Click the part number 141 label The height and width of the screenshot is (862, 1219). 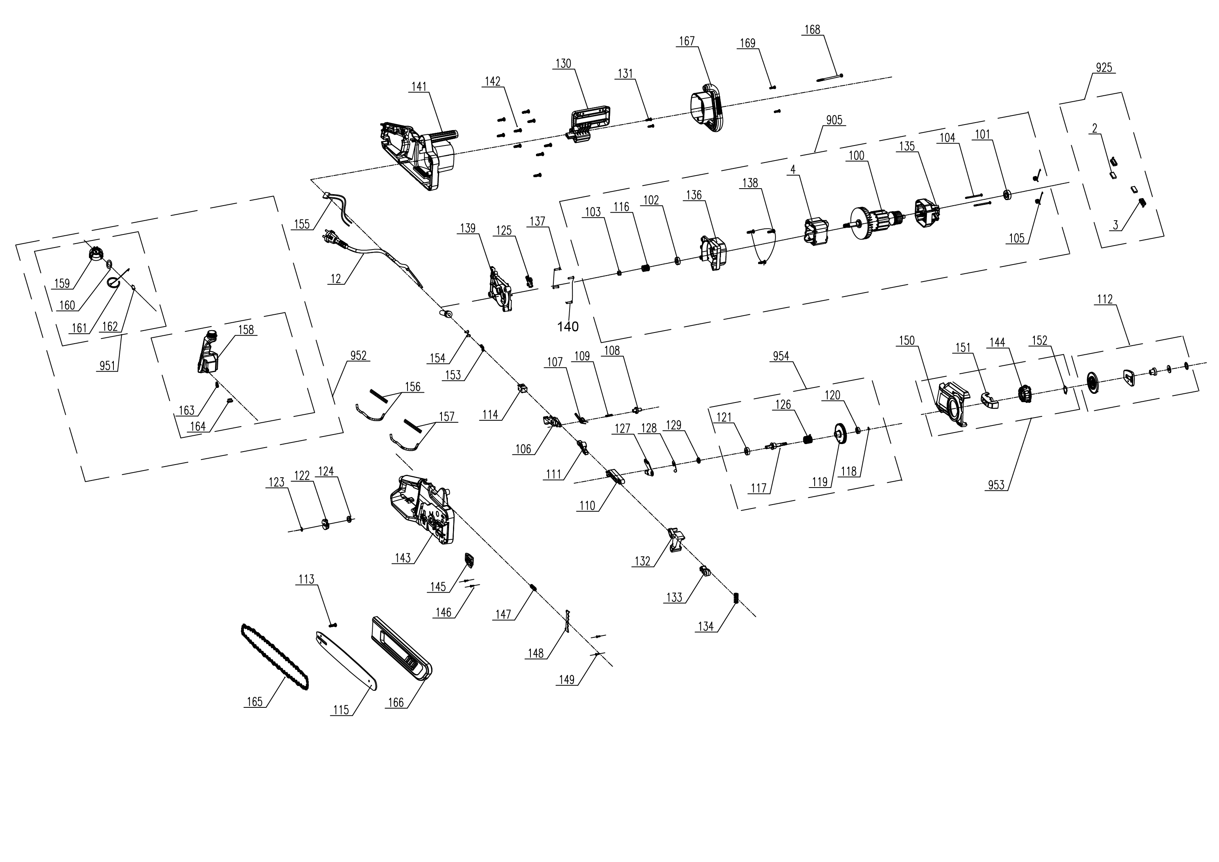tap(419, 87)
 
